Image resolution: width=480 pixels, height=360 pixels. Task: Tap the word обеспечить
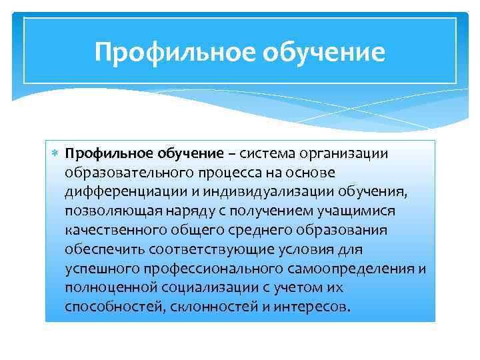[x=99, y=249]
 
